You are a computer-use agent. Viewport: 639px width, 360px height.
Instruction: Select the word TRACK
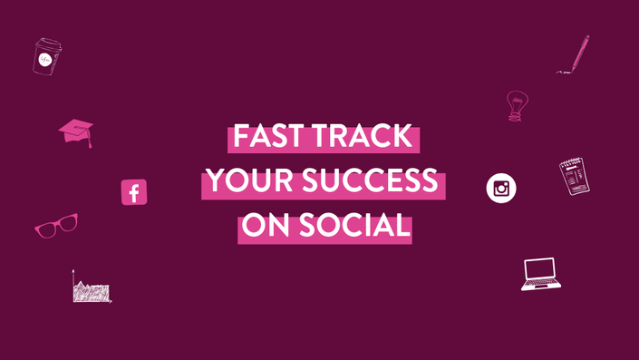coord(363,136)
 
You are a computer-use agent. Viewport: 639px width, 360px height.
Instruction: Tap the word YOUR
coord(249,180)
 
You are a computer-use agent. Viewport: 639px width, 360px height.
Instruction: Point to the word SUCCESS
coord(370,180)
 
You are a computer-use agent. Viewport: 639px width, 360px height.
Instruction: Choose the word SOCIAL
coord(354,225)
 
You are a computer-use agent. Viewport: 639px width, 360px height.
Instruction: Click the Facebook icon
coord(134,192)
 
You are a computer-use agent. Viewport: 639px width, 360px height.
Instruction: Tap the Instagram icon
coord(501,188)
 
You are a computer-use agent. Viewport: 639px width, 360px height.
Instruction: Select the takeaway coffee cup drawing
coord(47,56)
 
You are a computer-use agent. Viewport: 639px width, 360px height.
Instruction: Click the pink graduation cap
coord(76,132)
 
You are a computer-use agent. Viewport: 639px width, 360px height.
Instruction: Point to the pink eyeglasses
coord(56,226)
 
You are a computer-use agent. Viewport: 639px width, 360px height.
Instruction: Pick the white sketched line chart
coord(92,287)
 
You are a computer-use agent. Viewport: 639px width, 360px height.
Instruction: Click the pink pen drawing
coord(574,54)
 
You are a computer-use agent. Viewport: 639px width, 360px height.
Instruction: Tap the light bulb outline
coord(518,106)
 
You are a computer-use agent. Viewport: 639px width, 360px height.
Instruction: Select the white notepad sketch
coord(575,177)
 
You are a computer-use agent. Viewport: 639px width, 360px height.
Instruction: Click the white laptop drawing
coord(541,274)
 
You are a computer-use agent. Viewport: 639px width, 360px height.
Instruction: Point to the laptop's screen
coord(540,268)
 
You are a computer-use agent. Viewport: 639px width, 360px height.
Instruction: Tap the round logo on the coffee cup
coord(44,61)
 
